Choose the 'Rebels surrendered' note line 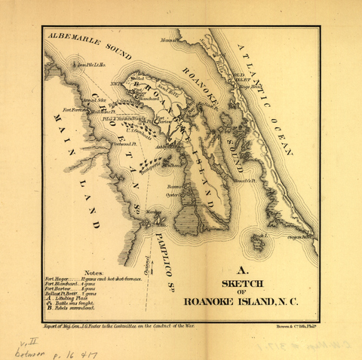click(72, 309)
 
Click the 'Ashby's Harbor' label click(166, 148)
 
